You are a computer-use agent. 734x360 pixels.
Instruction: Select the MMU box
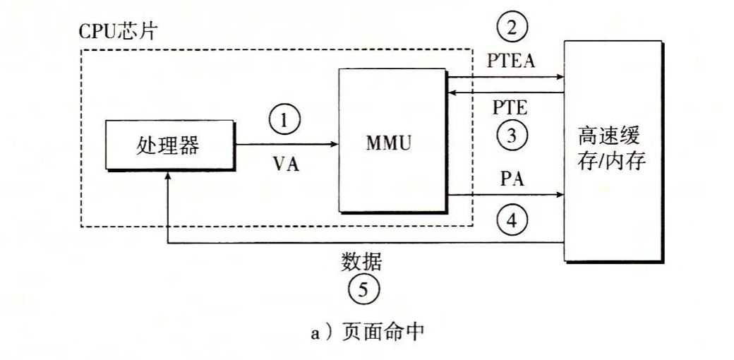pyautogui.click(x=392, y=142)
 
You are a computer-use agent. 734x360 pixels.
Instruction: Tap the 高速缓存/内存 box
pyautogui.click(x=613, y=151)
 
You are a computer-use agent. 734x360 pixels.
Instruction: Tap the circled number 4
pyautogui.click(x=512, y=222)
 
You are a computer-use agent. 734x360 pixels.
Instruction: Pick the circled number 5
pyautogui.click(x=363, y=288)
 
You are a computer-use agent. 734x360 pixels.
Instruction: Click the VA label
pyautogui.click(x=286, y=165)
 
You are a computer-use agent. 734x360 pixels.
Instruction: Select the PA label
pyautogui.click(x=511, y=177)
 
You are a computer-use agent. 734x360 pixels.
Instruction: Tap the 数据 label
pyautogui.click(x=361, y=263)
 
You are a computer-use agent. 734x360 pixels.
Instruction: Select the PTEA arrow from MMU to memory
pyautogui.click(x=505, y=76)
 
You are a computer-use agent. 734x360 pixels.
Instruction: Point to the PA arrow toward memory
pyautogui.click(x=505, y=195)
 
